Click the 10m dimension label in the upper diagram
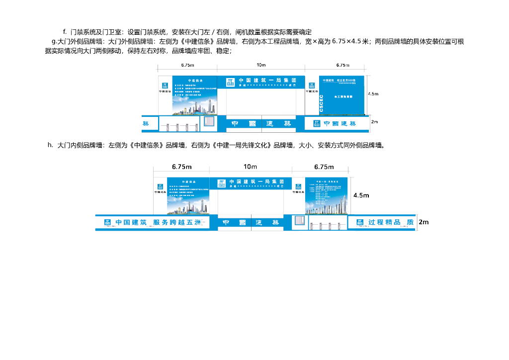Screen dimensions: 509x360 pos(261,65)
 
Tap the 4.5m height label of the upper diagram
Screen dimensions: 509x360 pos(373,93)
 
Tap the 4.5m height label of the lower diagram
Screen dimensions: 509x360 pos(361,195)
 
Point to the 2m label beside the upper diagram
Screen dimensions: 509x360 pos(374,121)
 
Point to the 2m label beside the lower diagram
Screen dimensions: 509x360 pos(424,222)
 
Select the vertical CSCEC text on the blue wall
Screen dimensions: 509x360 pos(322,103)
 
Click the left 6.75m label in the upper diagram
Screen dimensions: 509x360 pos(187,65)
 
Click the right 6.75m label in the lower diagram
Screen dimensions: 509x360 pos(324,167)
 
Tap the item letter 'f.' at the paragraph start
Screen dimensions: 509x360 pos(65,32)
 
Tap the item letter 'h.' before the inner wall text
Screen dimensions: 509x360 pos(50,145)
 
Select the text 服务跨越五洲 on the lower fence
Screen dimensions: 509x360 pos(177,222)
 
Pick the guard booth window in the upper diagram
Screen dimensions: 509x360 pos(209,122)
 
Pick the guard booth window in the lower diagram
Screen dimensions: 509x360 pos(300,221)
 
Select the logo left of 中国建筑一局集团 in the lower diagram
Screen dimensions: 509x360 pos(221,182)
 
